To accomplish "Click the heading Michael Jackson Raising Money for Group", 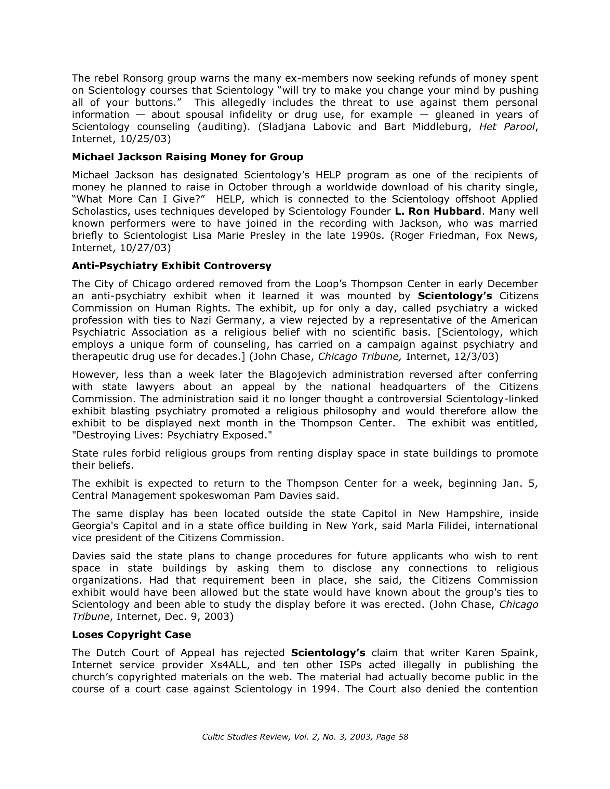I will click(x=187, y=157).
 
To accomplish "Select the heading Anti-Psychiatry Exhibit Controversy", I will click(x=171, y=266).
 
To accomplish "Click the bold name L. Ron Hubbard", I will click(x=438, y=211).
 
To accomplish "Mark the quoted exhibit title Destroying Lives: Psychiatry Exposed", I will click(x=172, y=435).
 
